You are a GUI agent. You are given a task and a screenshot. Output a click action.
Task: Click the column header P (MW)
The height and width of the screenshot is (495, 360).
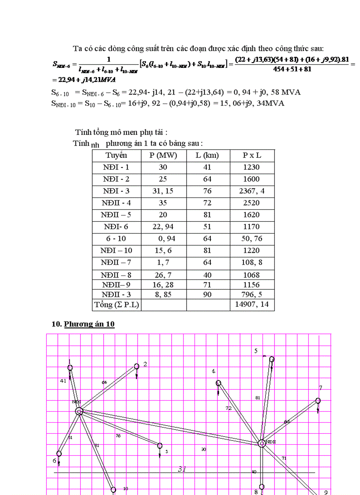coord(163,155)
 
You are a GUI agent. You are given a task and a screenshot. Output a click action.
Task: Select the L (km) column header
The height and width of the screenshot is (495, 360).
coord(207,155)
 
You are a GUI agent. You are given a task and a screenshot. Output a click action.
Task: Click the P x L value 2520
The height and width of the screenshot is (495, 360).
coord(251,203)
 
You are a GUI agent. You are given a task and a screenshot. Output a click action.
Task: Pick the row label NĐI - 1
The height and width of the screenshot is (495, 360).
coord(116,167)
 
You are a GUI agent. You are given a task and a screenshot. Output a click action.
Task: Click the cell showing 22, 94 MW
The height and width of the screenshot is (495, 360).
coord(163,227)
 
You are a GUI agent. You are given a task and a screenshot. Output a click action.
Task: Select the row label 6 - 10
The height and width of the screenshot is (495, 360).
coord(116,238)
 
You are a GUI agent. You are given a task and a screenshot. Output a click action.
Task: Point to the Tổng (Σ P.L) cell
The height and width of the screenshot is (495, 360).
coord(116,304)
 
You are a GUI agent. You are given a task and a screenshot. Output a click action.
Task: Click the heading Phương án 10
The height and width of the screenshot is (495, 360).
coord(89,324)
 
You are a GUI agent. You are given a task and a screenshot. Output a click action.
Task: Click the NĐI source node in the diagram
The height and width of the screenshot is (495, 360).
coord(79,411)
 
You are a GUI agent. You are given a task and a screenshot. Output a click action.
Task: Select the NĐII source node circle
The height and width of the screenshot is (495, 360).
coord(262,443)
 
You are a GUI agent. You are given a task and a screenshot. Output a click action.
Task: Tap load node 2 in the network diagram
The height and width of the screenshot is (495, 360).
coord(137,366)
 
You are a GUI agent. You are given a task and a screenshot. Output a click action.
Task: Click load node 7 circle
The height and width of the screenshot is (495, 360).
coord(318,401)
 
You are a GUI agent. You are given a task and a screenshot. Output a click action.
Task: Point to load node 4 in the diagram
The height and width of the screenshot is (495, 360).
coord(218,383)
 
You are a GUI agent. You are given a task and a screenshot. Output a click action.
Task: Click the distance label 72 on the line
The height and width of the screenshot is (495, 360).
coord(229,408)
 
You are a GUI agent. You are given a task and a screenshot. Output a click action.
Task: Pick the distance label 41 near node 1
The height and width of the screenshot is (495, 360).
coord(63,380)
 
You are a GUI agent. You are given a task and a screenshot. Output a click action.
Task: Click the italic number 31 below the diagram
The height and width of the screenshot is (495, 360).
coord(182,469)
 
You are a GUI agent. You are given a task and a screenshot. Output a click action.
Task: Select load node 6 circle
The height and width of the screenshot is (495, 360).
coord(59,453)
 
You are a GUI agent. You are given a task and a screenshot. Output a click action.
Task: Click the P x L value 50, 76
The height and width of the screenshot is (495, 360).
coord(251,238)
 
